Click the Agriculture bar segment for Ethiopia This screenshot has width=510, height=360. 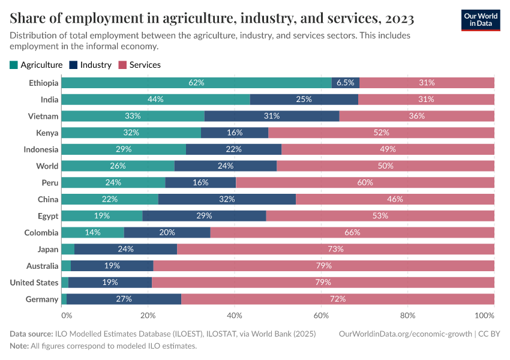coord(196,83)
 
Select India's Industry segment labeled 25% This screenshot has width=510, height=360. coord(304,100)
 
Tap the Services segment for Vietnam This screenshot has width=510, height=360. coord(416,116)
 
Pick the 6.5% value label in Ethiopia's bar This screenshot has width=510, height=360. coord(345,83)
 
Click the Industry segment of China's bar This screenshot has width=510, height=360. coord(227,199)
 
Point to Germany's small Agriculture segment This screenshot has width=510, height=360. coord(64,299)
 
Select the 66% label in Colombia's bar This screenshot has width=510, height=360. coord(352,232)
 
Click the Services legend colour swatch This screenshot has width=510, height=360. coord(123,65)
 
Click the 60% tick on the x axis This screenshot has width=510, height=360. coord(321,315)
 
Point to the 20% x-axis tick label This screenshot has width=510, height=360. coord(148,315)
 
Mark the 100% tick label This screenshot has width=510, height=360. coord(484,315)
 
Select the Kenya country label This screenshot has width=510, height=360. coord(46,133)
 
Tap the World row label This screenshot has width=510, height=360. coord(47,166)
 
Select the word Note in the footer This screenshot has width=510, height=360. coord(19,346)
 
